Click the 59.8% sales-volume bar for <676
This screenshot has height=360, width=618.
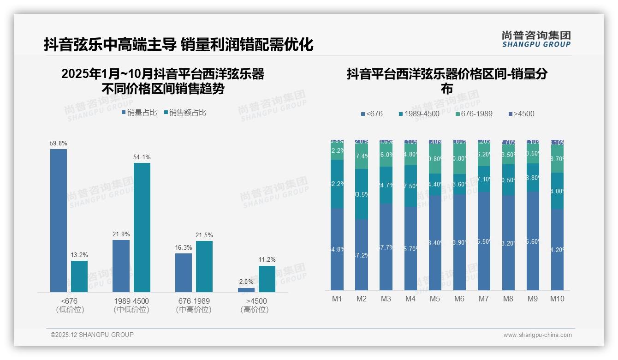pos(59,220)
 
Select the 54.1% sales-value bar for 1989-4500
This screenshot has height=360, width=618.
pos(142,227)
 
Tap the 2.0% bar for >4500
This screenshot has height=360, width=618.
pos(246,290)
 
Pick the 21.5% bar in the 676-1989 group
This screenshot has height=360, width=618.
pos(204,266)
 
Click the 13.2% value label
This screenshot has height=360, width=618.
pos(79,255)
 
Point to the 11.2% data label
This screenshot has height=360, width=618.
pos(267,259)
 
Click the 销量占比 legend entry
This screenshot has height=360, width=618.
pos(139,112)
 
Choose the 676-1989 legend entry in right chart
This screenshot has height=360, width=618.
pos(474,114)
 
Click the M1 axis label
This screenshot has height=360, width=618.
pos(337,299)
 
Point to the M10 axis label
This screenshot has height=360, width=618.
pos(557,299)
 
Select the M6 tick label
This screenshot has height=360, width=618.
pos(459,299)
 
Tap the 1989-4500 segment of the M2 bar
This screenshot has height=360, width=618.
pos(362,194)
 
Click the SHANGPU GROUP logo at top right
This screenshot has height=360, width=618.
pos(536,39)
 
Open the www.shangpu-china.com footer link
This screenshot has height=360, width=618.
pos(537,335)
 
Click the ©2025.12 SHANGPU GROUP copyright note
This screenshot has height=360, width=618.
pos(92,335)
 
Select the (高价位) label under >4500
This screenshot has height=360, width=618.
pos(254,310)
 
